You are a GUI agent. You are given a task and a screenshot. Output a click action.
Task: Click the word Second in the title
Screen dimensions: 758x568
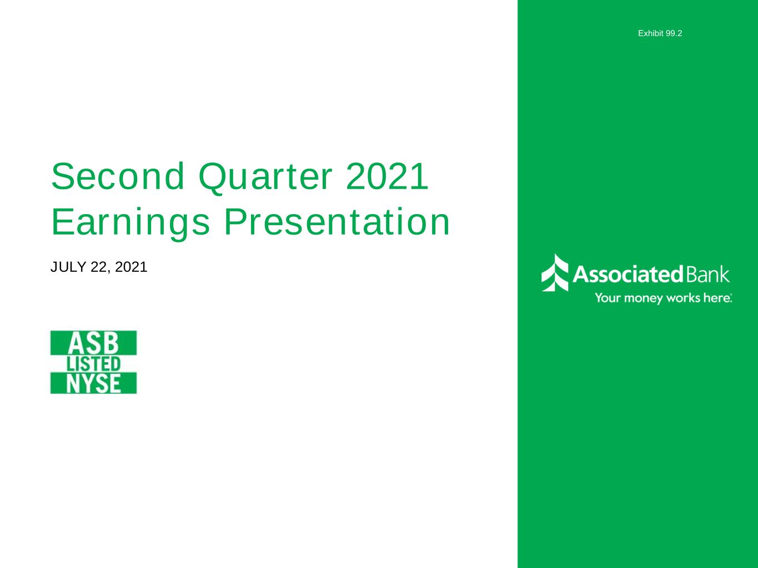pyautogui.click(x=118, y=176)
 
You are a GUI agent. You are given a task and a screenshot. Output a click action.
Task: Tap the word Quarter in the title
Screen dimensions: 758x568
pyautogui.click(x=265, y=178)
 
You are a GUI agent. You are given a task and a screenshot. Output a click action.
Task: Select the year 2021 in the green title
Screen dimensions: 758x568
pyautogui.click(x=387, y=176)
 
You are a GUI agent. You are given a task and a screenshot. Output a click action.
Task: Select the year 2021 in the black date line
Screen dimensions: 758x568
pyautogui.click(x=131, y=267)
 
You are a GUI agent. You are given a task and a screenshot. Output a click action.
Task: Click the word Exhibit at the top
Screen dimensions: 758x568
pyautogui.click(x=651, y=33)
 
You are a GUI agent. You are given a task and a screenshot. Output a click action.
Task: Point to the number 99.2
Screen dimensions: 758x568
pyautogui.click(x=674, y=33)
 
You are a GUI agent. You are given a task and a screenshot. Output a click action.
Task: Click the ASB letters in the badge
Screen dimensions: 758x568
pyautogui.click(x=93, y=343)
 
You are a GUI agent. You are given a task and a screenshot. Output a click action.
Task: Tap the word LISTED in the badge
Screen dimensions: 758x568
pyautogui.click(x=93, y=364)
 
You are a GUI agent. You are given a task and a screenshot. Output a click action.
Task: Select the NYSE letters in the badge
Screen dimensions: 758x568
pyautogui.click(x=93, y=383)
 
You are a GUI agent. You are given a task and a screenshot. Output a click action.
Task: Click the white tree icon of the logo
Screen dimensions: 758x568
pyautogui.click(x=555, y=272)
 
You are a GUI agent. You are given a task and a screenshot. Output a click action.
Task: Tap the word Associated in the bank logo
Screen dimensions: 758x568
pyautogui.click(x=628, y=275)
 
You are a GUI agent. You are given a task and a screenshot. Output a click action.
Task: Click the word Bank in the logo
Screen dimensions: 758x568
pyautogui.click(x=707, y=275)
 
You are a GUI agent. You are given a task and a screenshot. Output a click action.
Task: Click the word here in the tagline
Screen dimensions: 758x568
pyautogui.click(x=716, y=298)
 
